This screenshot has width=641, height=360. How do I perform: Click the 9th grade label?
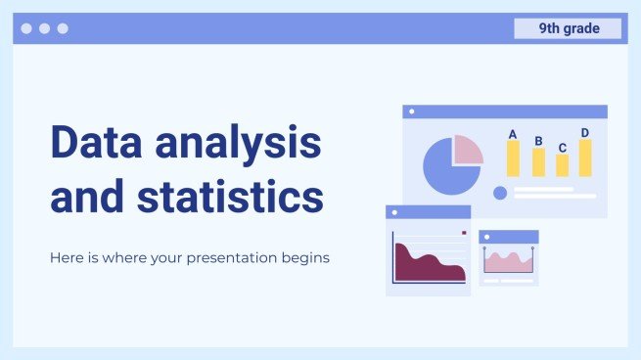(x=568, y=28)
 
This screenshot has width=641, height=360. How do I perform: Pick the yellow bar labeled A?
(x=513, y=158)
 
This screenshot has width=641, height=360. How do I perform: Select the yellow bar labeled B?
(x=538, y=162)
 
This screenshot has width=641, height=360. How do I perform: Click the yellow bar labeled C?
(x=563, y=165)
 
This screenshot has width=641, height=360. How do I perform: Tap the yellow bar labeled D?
(x=585, y=157)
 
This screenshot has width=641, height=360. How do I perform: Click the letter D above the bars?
(x=585, y=133)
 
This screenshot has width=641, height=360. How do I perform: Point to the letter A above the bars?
(x=513, y=134)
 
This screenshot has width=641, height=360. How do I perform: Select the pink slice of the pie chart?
(x=468, y=150)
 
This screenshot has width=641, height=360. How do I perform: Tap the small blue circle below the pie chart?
(x=500, y=193)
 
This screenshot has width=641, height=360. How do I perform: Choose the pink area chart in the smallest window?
(x=508, y=262)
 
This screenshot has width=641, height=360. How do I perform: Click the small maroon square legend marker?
(x=464, y=233)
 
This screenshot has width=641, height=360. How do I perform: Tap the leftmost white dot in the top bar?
(x=26, y=28)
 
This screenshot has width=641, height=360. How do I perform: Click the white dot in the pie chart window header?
(x=412, y=112)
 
